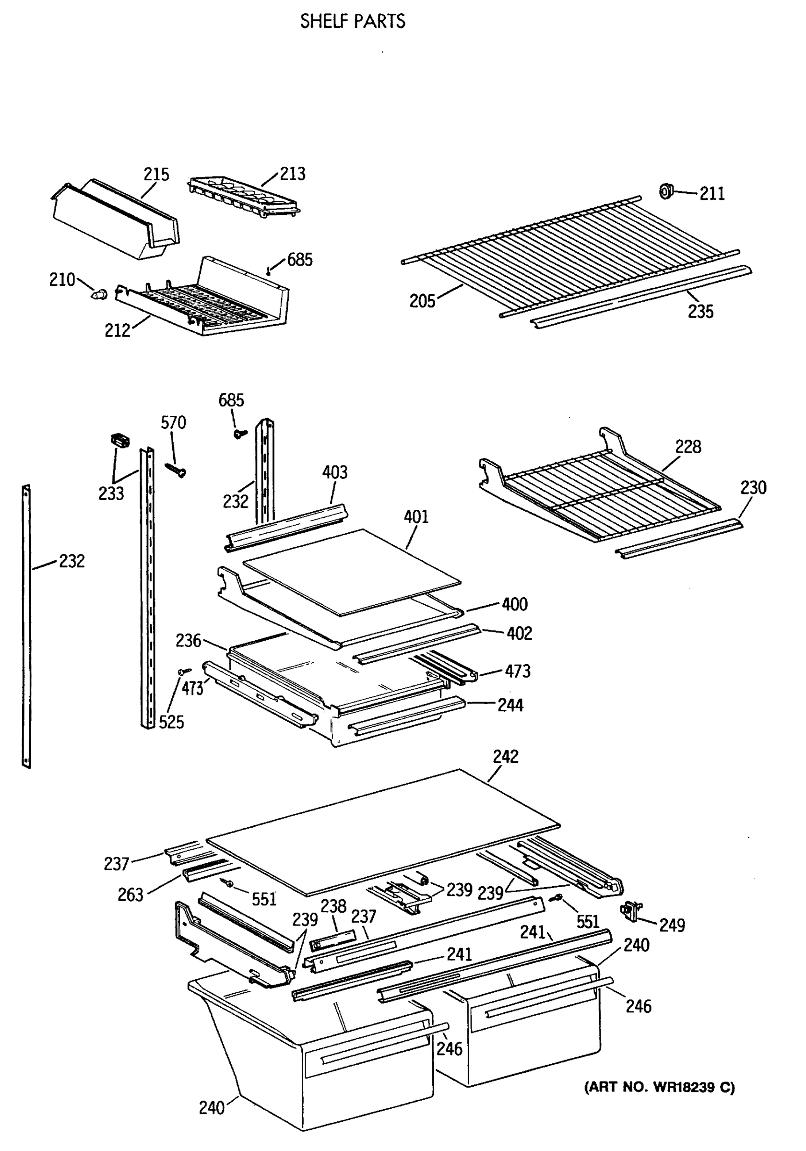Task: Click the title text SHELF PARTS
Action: [352, 21]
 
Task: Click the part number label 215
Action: [156, 175]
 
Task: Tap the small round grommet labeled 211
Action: [666, 191]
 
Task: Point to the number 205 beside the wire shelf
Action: [422, 301]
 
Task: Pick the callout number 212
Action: [117, 330]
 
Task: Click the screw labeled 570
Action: [176, 470]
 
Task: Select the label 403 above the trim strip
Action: [334, 472]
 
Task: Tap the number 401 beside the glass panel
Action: [416, 517]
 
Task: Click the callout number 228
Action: [687, 446]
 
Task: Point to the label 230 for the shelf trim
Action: [753, 487]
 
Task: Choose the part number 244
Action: [510, 705]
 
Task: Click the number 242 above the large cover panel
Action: [505, 756]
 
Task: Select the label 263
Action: [130, 894]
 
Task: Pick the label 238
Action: [333, 906]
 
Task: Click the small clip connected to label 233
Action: [119, 440]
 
